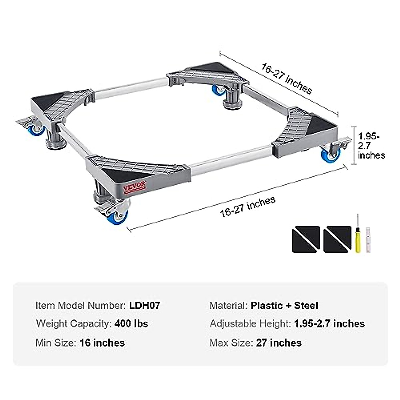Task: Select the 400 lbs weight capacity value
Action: coord(131,323)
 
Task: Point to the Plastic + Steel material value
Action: coord(284,305)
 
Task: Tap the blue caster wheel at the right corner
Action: coord(330,154)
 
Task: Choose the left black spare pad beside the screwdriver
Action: coord(306,239)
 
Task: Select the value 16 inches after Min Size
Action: coord(102,343)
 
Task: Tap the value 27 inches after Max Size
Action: coord(279,343)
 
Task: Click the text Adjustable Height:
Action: coord(250,323)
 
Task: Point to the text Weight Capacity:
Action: coord(73,323)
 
